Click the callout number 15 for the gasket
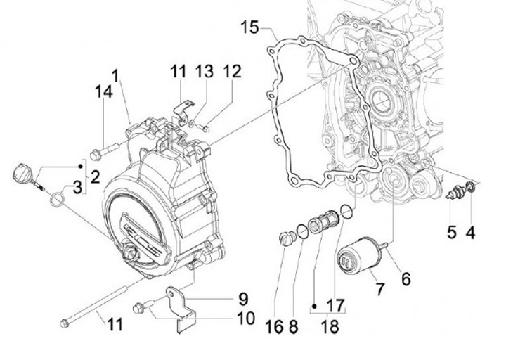(250, 27)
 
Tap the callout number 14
(104, 91)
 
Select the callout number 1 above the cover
(115, 76)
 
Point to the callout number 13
(205, 71)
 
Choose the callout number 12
(232, 71)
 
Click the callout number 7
(380, 289)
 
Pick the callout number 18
(330, 326)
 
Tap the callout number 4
(471, 232)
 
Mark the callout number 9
(243, 299)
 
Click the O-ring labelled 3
(57, 199)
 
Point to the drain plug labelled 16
(287, 239)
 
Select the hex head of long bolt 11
(65, 323)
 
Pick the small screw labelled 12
(205, 129)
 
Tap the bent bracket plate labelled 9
(182, 309)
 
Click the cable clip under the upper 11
(183, 111)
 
